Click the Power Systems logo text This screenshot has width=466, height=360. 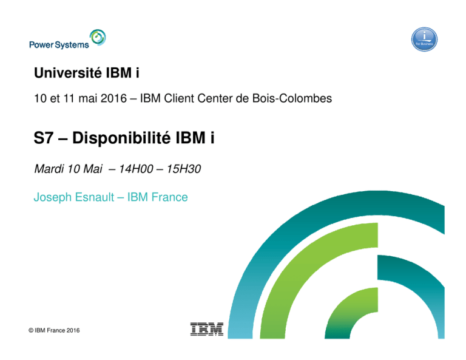point(59,44)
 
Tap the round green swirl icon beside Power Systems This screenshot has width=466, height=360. point(98,38)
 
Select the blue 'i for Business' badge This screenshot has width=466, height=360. point(424,39)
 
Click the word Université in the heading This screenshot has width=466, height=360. point(68,72)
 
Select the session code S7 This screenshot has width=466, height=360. point(44,138)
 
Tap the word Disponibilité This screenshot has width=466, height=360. point(121,138)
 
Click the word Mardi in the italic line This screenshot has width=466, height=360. point(49,169)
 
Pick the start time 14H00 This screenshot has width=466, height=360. point(136,169)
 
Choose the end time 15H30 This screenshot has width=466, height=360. point(184,169)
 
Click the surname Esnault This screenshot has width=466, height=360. point(95,197)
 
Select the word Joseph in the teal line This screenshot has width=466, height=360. point(53,198)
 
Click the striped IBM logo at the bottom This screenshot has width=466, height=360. point(207,329)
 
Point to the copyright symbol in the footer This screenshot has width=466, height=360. point(31,330)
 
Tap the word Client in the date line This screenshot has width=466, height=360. point(179,98)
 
